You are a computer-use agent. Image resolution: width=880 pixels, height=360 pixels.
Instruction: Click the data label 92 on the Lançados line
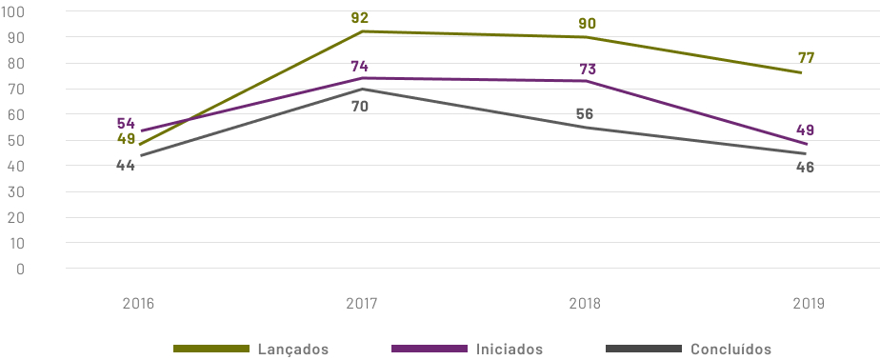click(359, 17)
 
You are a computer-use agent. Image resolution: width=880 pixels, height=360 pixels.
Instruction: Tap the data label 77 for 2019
click(806, 58)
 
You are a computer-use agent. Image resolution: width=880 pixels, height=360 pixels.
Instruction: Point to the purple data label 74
click(359, 66)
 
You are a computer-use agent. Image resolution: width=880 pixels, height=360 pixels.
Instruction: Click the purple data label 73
click(588, 70)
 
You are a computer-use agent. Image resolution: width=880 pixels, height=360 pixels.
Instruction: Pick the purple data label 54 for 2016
click(126, 124)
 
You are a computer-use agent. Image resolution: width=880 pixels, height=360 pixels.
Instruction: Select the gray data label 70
click(359, 107)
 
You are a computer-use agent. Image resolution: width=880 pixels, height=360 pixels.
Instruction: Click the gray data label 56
click(585, 114)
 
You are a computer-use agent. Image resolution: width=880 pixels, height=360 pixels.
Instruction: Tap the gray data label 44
click(126, 165)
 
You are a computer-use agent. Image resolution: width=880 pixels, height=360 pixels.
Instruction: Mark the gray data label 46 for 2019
click(805, 168)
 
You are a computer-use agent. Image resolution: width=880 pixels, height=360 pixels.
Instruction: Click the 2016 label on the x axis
click(138, 304)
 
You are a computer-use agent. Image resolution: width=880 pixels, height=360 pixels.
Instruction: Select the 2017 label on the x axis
click(362, 304)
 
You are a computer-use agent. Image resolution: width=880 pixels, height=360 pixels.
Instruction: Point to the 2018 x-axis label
click(585, 304)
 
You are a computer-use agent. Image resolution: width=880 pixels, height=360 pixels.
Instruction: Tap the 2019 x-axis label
click(808, 304)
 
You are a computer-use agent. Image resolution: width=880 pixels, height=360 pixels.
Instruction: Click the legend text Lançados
click(293, 350)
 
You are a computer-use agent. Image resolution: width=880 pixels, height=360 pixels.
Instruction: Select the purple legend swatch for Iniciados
click(430, 349)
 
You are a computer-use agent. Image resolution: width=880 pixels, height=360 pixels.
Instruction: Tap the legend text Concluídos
click(731, 350)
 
